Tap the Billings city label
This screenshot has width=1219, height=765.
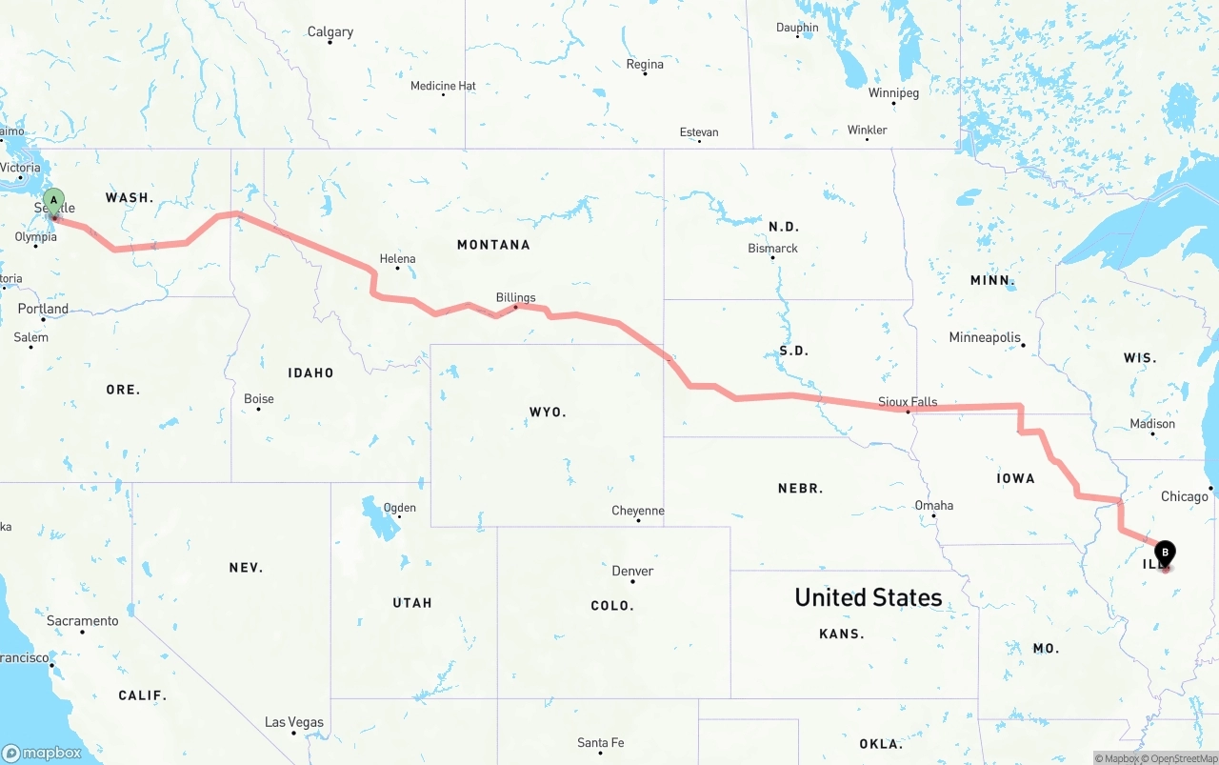515,298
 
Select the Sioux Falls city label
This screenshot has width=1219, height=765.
908,402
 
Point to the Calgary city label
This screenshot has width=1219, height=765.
330,32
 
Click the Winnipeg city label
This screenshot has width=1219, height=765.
893,93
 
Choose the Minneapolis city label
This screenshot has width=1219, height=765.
985,338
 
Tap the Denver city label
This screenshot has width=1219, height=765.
632,572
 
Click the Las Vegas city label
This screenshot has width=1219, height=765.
294,722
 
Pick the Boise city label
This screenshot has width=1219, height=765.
259,399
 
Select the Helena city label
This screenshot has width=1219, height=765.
397,258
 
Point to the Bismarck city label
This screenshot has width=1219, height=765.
772,249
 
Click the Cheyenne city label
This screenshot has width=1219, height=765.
638,512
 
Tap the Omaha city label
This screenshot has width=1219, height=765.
933,506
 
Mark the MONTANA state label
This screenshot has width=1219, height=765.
493,245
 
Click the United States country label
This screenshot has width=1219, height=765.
869,597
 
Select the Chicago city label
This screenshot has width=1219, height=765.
1184,496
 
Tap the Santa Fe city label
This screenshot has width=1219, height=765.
600,743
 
